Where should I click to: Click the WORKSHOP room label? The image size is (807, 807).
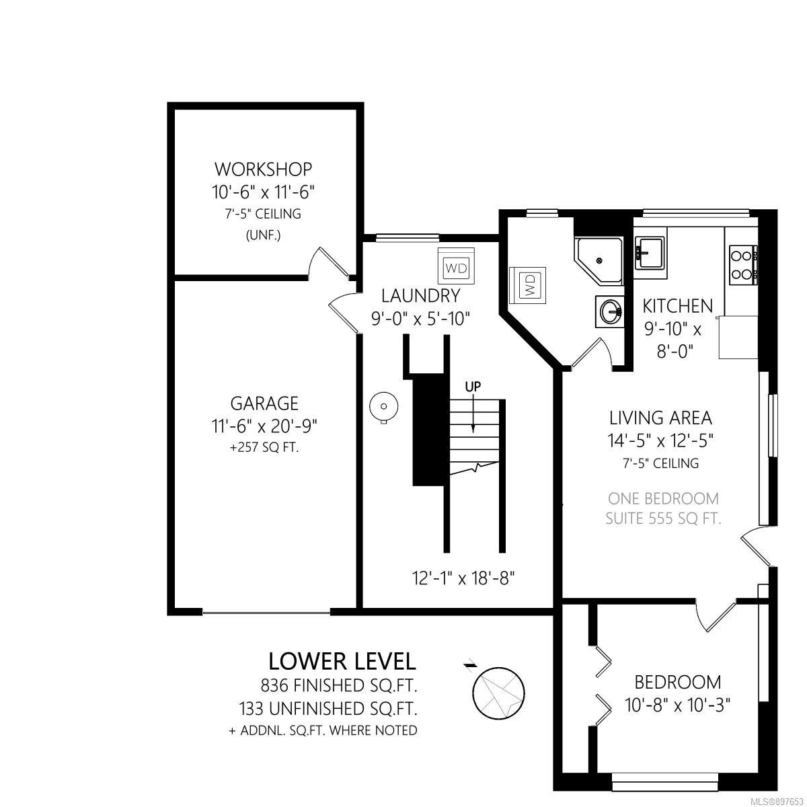point(264,169)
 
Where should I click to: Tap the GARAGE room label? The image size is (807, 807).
point(265,403)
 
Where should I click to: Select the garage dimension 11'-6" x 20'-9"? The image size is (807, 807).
point(264,427)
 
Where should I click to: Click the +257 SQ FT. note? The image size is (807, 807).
point(264,448)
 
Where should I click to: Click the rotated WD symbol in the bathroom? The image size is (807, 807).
point(528,285)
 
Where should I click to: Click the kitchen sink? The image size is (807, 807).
point(650,253)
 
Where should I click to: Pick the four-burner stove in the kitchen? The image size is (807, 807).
point(743,265)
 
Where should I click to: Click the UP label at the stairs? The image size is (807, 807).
point(473,386)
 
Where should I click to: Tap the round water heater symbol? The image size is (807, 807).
point(383,406)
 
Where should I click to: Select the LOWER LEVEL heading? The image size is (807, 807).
point(342,662)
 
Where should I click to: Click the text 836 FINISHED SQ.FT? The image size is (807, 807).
point(339,686)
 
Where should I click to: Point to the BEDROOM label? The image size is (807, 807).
point(678,683)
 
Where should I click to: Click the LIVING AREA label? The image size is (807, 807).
point(660,418)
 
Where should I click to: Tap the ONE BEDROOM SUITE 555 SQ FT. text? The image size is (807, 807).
point(663,508)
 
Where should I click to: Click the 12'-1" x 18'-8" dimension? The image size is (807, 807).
point(463,579)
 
